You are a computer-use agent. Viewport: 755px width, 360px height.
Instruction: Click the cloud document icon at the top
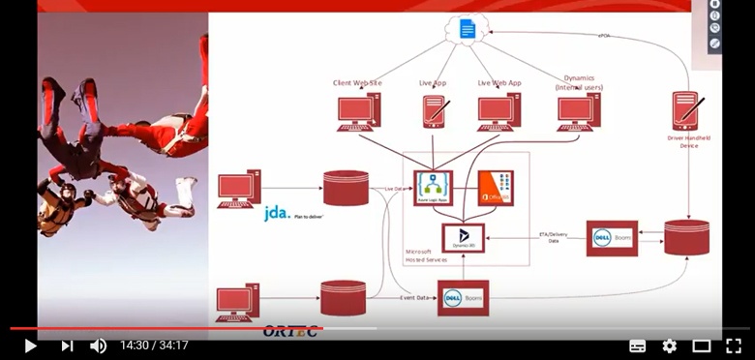[x=468, y=30]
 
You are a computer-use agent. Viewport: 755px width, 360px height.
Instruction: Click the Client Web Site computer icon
[x=358, y=111]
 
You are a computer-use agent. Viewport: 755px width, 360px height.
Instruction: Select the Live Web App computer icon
[x=499, y=111]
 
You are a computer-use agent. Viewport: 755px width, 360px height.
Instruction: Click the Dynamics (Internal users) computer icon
[x=579, y=111]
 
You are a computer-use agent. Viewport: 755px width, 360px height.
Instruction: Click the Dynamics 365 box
[x=463, y=238]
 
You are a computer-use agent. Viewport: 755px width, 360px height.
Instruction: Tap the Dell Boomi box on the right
[x=612, y=238]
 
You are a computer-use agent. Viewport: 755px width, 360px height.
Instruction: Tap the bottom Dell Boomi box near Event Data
[x=463, y=298]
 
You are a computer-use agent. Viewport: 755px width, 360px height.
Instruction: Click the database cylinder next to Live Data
[x=346, y=188]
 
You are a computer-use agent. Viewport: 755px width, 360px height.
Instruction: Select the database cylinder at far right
[x=686, y=238]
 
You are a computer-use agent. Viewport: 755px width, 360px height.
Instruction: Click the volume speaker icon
[x=98, y=345]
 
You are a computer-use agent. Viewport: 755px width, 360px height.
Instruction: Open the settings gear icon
[x=669, y=345]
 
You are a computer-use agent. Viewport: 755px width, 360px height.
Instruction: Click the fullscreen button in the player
[x=735, y=345]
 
